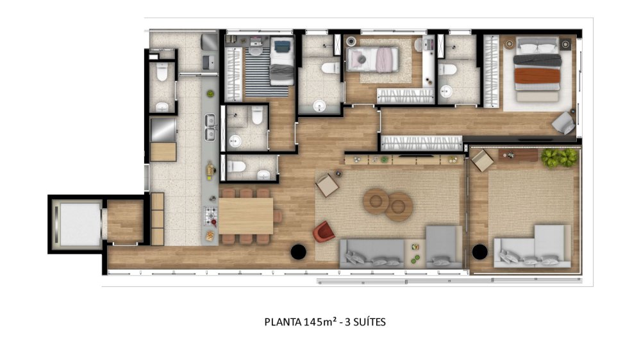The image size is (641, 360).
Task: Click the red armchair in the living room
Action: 324,232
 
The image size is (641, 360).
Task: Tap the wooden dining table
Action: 246,216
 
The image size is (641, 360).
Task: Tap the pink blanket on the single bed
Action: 383,61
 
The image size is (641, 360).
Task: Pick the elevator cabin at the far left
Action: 76,224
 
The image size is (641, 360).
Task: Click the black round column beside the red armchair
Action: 298,252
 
